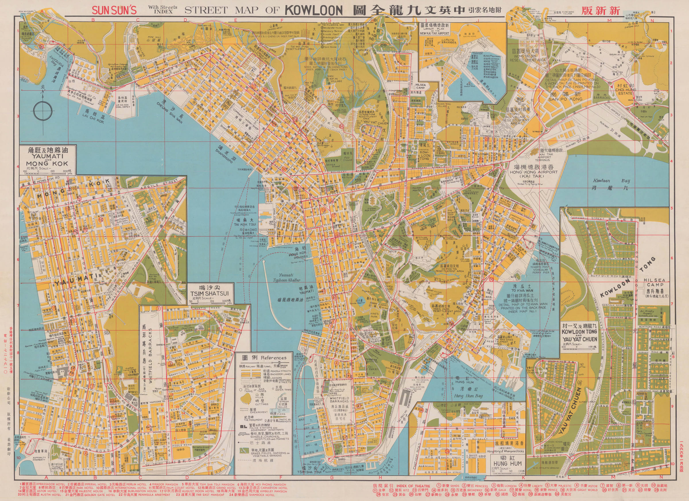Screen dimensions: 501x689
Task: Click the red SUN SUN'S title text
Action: click(115, 10)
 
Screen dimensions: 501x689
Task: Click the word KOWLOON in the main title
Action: click(313, 10)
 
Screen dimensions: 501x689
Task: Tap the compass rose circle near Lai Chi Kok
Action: click(42, 111)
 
